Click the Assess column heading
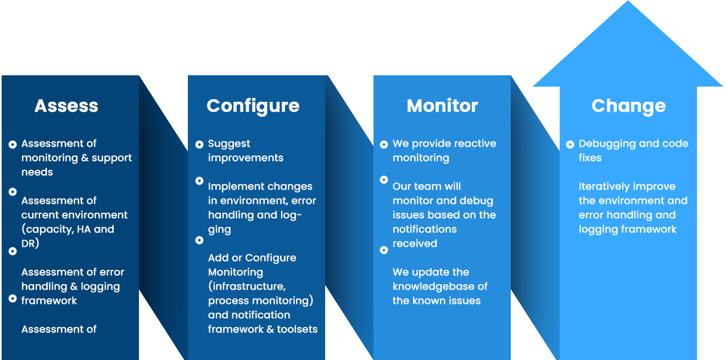(66, 106)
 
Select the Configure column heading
(253, 106)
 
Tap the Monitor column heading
(442, 106)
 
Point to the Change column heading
(628, 106)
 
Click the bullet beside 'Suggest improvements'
(199, 145)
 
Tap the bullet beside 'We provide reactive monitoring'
(384, 145)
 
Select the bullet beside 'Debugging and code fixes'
(570, 145)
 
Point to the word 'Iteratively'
(603, 187)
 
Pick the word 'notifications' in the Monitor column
(425, 229)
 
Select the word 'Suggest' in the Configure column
(229, 144)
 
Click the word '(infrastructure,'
(247, 286)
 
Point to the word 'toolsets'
(297, 329)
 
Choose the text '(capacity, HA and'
(68, 229)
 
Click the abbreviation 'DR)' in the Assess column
(30, 243)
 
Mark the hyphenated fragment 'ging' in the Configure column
(219, 230)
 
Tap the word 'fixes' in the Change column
(590, 158)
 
